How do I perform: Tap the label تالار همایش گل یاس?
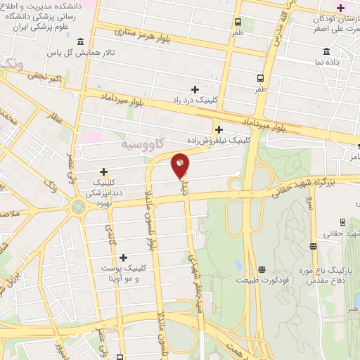[x=71, y=53]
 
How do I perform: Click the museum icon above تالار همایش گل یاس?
[x=82, y=41]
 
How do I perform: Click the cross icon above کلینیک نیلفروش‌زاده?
[x=219, y=129]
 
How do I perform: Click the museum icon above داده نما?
[x=326, y=51]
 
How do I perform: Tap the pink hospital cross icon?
[x=341, y=8]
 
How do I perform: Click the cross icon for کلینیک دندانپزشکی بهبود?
[x=103, y=171]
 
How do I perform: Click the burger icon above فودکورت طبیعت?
[x=262, y=269]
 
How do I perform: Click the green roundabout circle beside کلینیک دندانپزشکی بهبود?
[x=78, y=206]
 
